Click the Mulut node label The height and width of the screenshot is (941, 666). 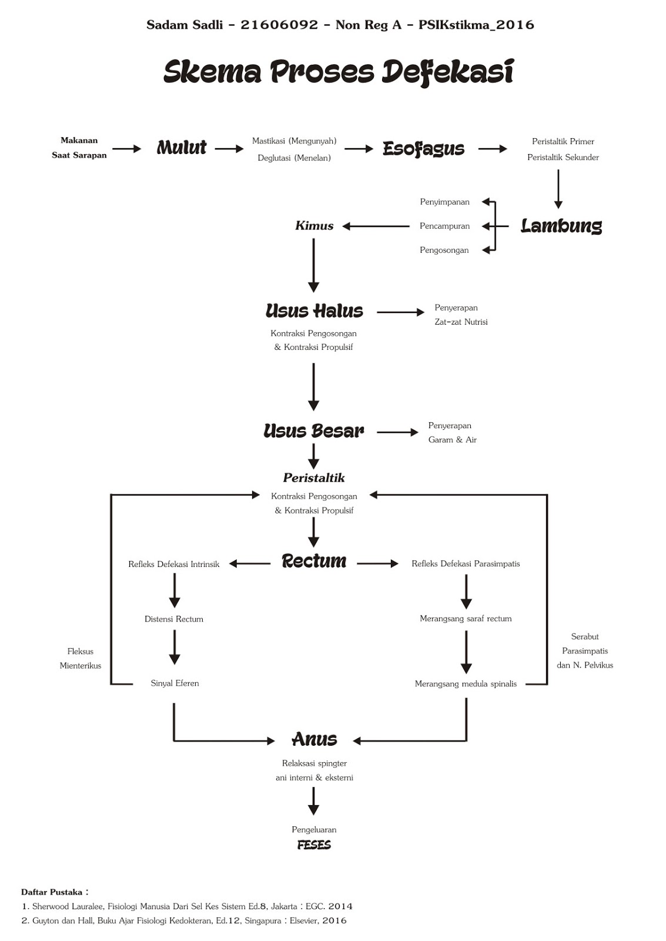pos(182,148)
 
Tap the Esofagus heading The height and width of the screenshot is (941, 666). pos(423,149)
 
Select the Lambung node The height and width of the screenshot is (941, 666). pos(561,226)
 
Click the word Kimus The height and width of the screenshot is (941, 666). pos(314,226)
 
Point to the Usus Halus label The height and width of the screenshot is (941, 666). pos(314,311)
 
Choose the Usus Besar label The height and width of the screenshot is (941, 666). pos(314,431)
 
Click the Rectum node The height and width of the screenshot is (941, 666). pos(314,561)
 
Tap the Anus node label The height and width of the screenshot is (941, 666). pos(314,739)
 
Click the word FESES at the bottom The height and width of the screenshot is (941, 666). pos(314,845)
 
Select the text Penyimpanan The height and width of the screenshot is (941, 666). pos(444,202)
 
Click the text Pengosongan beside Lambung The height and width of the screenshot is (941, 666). pos(444,250)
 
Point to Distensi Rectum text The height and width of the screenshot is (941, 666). pos(174,619)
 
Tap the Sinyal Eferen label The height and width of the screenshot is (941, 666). pos(175,683)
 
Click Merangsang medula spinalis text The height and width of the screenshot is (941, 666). pos(466,684)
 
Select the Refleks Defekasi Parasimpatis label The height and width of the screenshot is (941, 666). pos(466,563)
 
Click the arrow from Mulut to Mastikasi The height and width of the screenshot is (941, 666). pos(229,149)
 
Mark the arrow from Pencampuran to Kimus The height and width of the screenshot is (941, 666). pos(376,226)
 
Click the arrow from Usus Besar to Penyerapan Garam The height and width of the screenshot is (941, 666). pos(397,432)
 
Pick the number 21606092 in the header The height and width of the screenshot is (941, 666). pos(279,25)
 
